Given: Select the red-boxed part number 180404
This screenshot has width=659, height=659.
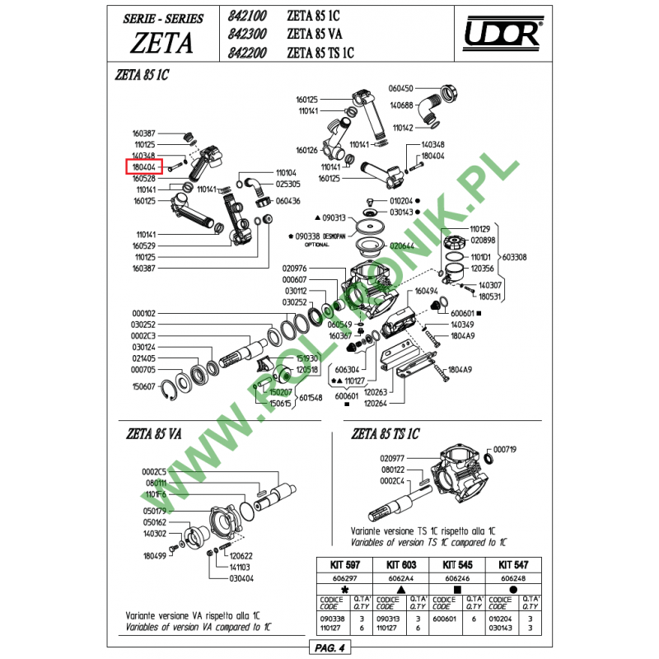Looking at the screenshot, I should click(143, 166).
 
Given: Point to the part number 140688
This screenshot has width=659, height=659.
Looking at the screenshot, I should click(402, 105).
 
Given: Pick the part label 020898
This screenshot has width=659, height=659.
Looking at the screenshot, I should click(483, 240).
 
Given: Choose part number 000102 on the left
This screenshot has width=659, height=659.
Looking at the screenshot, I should click(143, 313).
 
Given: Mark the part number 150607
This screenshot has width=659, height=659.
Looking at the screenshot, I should click(143, 386).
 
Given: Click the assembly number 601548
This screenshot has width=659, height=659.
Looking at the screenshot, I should click(311, 398).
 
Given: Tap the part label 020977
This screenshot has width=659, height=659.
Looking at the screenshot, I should click(393, 457).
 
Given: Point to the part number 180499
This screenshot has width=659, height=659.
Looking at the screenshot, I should click(155, 556).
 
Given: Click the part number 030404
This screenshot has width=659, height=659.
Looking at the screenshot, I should click(241, 578).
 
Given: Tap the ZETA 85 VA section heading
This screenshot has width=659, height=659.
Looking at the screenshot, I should click(154, 434).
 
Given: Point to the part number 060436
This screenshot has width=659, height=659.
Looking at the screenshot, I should click(288, 200).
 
